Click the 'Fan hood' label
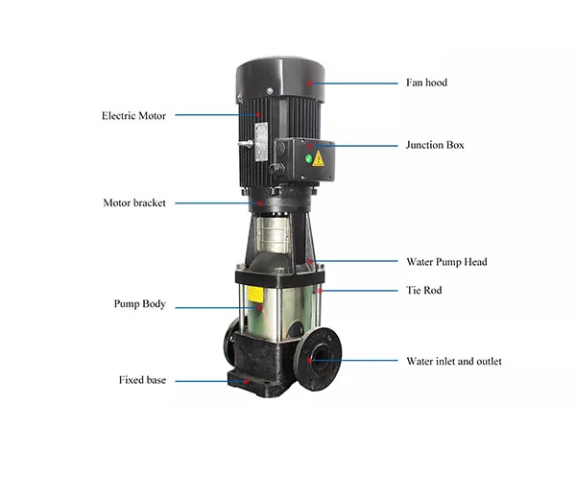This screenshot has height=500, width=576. [426, 83]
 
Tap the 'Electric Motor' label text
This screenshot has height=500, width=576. [133, 115]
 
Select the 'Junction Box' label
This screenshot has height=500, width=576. [435, 145]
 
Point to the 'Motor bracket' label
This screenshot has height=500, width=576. [134, 202]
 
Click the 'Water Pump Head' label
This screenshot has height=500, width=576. [446, 262]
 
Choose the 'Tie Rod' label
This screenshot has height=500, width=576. [424, 290]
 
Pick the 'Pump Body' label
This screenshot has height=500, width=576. [139, 304]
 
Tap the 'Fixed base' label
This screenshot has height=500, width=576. [142, 380]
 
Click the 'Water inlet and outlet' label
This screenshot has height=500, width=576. [454, 361]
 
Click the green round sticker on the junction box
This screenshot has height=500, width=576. [308, 158]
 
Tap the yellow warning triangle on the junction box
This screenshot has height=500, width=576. [319, 158]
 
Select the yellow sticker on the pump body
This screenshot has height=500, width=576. [255, 295]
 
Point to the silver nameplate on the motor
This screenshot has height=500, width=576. [261, 142]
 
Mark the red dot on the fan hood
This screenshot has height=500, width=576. [310, 83]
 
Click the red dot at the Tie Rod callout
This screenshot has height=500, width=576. [320, 291]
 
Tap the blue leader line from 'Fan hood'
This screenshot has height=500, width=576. [355, 83]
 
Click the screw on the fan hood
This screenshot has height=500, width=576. [270, 90]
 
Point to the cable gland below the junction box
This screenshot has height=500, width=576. [276, 169]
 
